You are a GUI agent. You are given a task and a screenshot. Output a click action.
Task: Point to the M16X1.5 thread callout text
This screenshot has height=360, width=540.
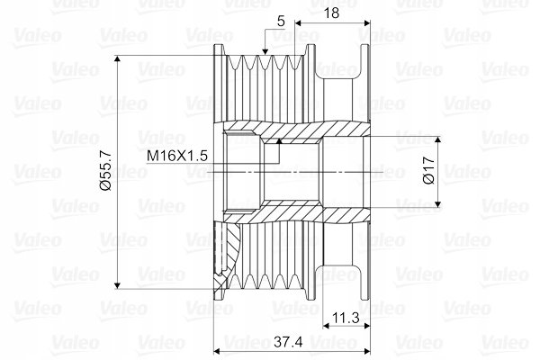pyautogui.click(x=178, y=156)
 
